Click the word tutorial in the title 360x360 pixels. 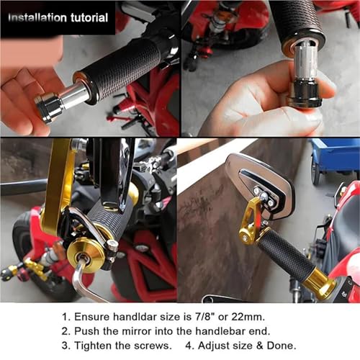coord(89,18)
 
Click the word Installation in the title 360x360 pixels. coord(37,18)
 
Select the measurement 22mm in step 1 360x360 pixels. coord(248,317)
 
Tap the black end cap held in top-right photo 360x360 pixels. coord(305,95)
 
